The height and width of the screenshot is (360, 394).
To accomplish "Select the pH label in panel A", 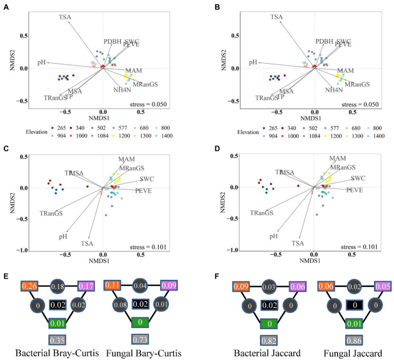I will pyautogui.click(x=42, y=62).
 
